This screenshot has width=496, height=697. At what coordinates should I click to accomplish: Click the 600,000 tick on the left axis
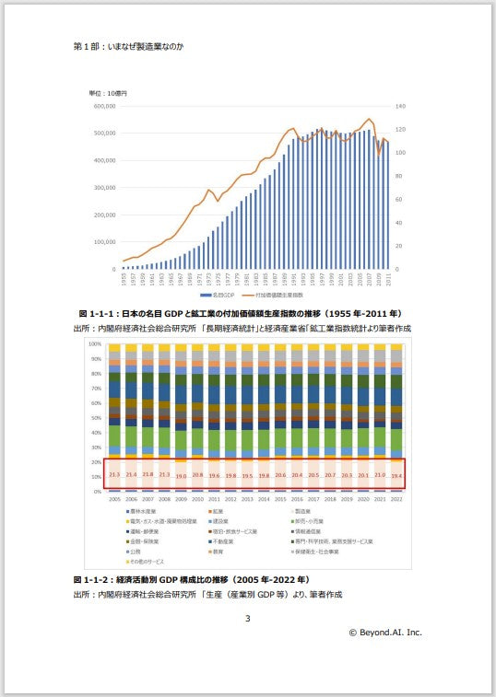coord(103,106)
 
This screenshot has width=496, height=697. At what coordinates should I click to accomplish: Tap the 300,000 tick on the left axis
coord(103,188)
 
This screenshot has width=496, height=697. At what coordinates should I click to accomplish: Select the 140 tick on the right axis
coord(402,106)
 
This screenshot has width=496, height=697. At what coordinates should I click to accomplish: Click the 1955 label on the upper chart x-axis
coord(123,277)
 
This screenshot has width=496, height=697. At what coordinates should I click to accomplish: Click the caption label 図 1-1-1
coord(94,314)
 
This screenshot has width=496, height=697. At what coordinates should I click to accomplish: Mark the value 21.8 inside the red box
coord(147,474)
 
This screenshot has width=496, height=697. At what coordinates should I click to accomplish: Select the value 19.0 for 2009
coord(180,475)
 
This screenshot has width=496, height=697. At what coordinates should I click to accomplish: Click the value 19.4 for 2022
coord(396,475)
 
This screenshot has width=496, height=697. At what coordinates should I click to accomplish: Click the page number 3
coord(247,618)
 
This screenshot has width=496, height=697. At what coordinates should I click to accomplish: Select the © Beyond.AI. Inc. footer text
coord(384,633)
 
